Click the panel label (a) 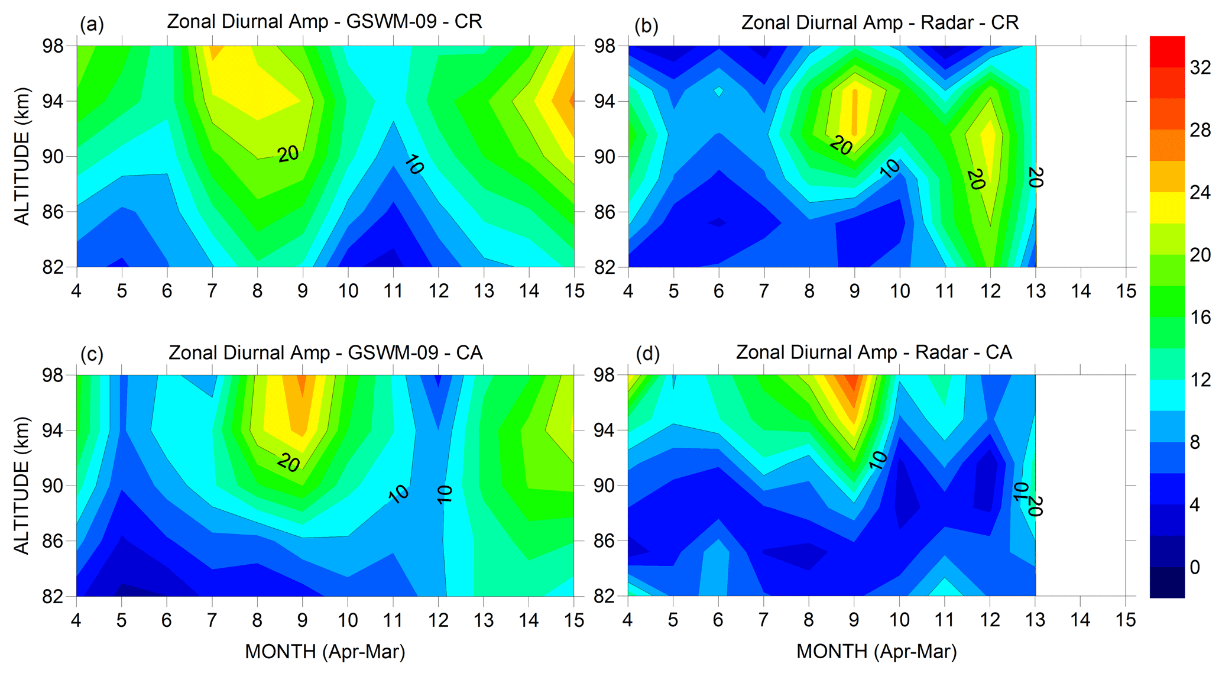[92, 24]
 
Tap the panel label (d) [647, 354]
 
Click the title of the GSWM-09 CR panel [325, 22]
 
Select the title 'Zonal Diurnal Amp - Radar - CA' [874, 352]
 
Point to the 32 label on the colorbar [1200, 68]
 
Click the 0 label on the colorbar [1194, 567]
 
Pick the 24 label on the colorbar [1200, 193]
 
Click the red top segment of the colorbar [1167, 51]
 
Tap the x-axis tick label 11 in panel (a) [393, 291]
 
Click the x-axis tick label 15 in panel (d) [1126, 620]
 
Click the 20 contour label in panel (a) [288, 154]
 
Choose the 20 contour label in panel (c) [289, 462]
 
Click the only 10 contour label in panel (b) [889, 169]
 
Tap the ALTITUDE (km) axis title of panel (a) [22, 157]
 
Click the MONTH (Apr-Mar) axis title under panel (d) [876, 652]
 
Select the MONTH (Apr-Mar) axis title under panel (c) [325, 652]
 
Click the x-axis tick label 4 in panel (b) [628, 291]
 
